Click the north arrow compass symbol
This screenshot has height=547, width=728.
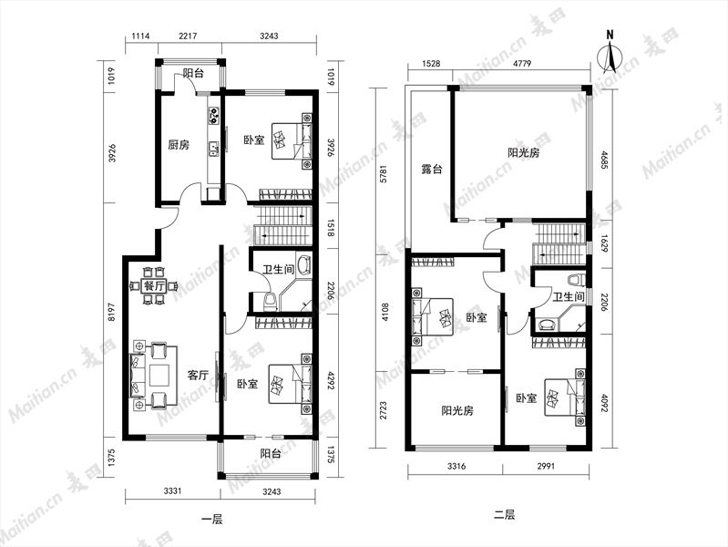611,54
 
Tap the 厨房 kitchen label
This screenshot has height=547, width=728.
179,145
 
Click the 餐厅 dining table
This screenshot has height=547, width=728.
154,286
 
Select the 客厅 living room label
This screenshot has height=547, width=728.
198,375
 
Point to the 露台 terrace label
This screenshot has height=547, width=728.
432,170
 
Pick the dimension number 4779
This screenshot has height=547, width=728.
521,63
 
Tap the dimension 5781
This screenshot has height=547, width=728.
383,174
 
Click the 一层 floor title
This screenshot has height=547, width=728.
212,519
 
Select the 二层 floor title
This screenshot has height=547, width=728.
504,514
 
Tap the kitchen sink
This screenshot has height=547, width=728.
214,149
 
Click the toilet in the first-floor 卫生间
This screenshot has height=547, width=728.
270,303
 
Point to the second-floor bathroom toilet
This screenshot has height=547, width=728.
574,280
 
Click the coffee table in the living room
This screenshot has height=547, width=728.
159,376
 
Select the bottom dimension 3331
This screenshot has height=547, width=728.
173,491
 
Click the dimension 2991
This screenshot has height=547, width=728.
546,466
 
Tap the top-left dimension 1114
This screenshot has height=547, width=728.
140,36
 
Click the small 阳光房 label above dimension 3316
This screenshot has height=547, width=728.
457,411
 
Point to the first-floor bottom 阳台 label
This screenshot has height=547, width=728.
271,454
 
